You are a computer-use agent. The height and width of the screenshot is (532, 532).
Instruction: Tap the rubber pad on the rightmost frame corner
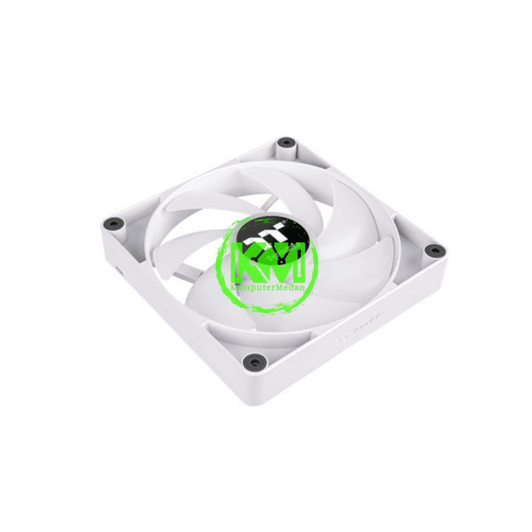click(435, 250)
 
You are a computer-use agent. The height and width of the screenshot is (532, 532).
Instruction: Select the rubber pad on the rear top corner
click(287, 143)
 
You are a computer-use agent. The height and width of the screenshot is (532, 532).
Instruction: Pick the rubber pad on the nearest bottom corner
click(253, 362)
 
